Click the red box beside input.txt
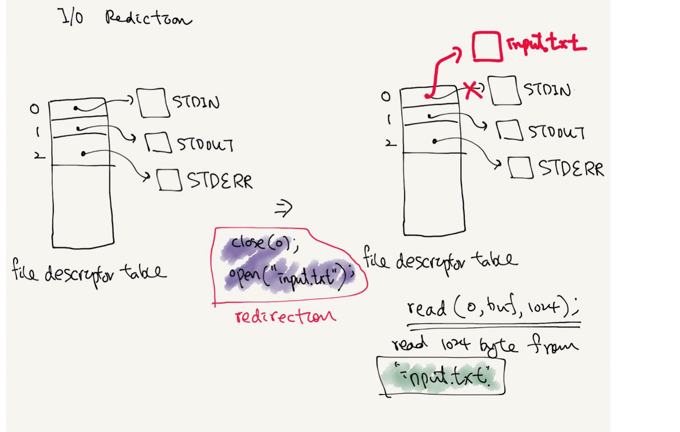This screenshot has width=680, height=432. pyautogui.click(x=487, y=46)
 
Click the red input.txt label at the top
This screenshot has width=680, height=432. pyautogui.click(x=546, y=44)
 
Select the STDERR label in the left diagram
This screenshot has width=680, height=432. pyautogui.click(x=219, y=181)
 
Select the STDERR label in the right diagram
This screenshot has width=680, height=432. pyautogui.click(x=571, y=168)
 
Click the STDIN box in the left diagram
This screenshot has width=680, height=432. pyautogui.click(x=152, y=103)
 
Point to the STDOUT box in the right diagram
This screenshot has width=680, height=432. pyautogui.click(x=510, y=130)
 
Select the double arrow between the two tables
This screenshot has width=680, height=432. pyautogui.click(x=284, y=208)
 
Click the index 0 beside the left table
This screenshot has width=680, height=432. pyautogui.click(x=34, y=108)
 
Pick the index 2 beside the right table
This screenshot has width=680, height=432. pyautogui.click(x=390, y=143)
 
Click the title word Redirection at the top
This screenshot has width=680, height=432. pyautogui.click(x=148, y=18)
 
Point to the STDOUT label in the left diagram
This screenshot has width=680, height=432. pyautogui.click(x=205, y=144)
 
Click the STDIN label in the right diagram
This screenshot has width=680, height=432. pyautogui.click(x=547, y=89)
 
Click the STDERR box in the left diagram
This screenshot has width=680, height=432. pyautogui.click(x=169, y=180)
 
